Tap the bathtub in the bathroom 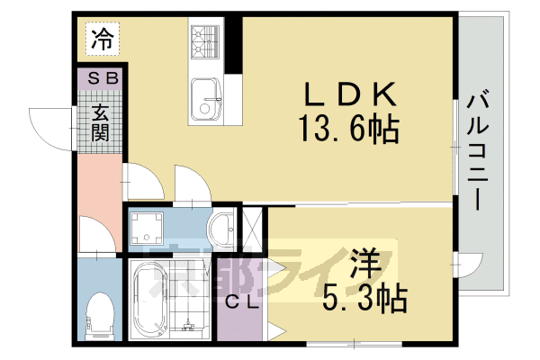pyautogui.click(x=149, y=301)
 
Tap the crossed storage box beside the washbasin pyautogui.click(x=253, y=229)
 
